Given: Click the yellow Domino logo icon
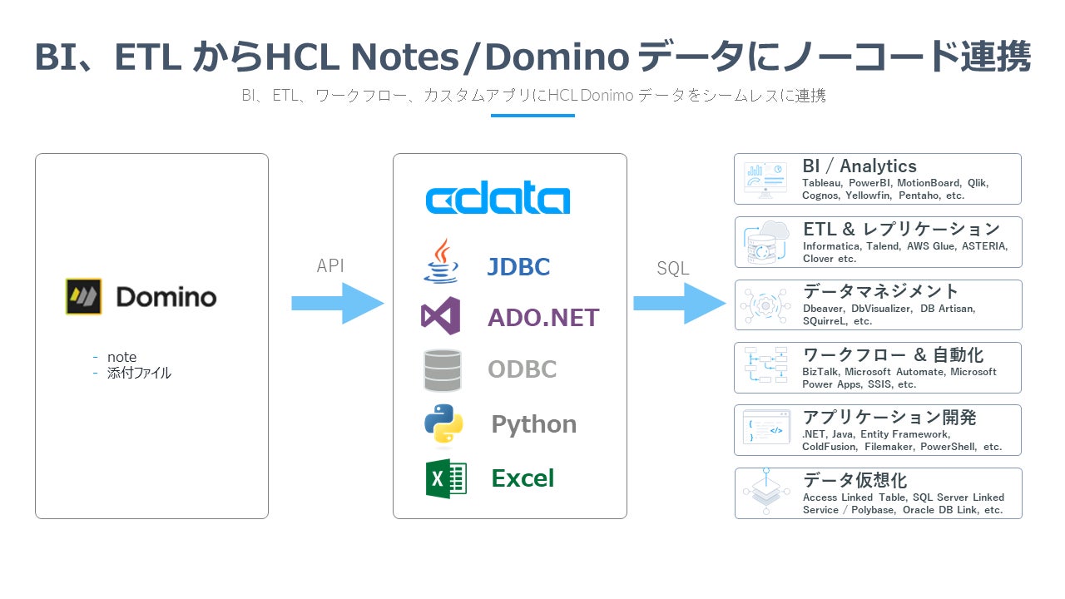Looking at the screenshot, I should (x=84, y=296).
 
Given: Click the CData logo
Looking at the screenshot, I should (x=498, y=200).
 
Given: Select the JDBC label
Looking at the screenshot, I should (x=518, y=267).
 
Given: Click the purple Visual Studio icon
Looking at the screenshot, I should (x=440, y=316).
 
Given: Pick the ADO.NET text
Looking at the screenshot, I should (x=543, y=318).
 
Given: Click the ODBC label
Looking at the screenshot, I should (x=522, y=369).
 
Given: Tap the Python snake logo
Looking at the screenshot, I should (x=443, y=424).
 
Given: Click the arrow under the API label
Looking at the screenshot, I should (x=337, y=304).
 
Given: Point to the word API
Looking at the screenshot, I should (x=330, y=266).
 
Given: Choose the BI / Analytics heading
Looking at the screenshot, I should (x=859, y=166).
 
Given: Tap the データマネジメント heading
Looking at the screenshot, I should (x=881, y=291).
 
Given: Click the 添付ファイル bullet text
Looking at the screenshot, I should (x=139, y=373).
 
